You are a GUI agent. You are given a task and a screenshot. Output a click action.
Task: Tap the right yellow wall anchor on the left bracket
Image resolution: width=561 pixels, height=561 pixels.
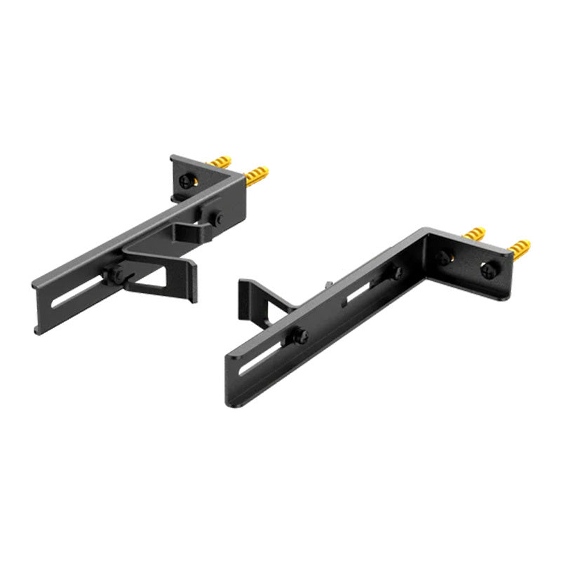[257, 174]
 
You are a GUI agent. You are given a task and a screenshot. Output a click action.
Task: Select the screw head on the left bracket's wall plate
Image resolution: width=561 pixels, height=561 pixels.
[185, 181]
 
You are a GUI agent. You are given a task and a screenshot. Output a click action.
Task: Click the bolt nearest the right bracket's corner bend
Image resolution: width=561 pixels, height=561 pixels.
[398, 272]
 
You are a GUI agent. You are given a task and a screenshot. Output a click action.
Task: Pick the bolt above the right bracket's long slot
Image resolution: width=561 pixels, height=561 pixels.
[300, 336]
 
